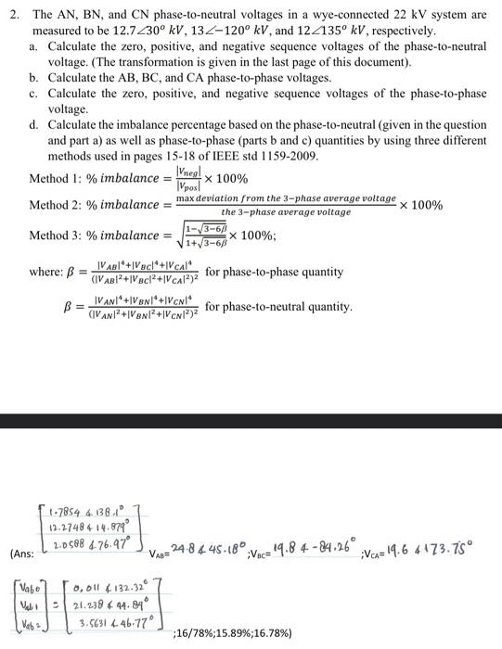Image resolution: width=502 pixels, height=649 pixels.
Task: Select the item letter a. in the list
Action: pyautogui.click(x=34, y=45)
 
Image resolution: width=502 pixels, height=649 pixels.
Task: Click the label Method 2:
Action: pyautogui.click(x=56, y=205)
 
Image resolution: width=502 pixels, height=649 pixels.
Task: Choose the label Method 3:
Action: pyautogui.click(x=56, y=235)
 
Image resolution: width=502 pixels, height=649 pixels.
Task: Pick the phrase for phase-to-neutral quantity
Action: pyautogui.click(x=279, y=306)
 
